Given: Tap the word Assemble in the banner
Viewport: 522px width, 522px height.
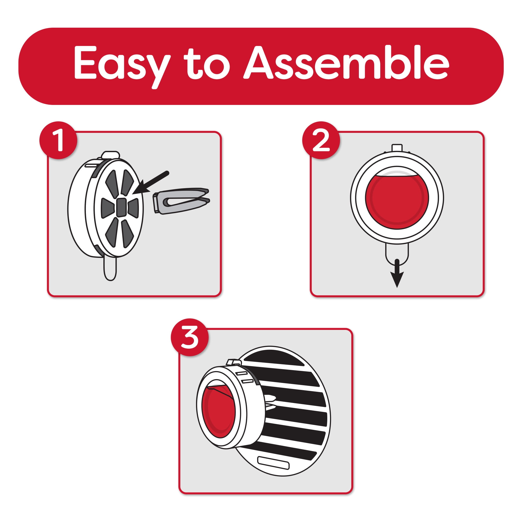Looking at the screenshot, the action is [x=346, y=63].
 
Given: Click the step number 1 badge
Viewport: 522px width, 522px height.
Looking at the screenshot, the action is [x=58, y=140].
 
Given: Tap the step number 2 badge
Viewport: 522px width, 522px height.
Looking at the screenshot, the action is [x=321, y=140].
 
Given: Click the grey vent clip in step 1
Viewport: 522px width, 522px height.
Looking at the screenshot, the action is [x=181, y=201].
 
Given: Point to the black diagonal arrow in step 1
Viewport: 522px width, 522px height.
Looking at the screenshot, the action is [x=151, y=182].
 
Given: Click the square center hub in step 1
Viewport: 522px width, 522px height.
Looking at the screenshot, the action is [x=121, y=207].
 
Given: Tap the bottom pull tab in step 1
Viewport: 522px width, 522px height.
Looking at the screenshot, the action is [x=110, y=268].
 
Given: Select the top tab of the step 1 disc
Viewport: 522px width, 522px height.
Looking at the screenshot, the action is [x=110, y=155].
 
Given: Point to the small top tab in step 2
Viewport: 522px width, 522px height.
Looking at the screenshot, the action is [x=397, y=148].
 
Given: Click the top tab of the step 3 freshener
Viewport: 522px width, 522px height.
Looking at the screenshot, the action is [x=234, y=363].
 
